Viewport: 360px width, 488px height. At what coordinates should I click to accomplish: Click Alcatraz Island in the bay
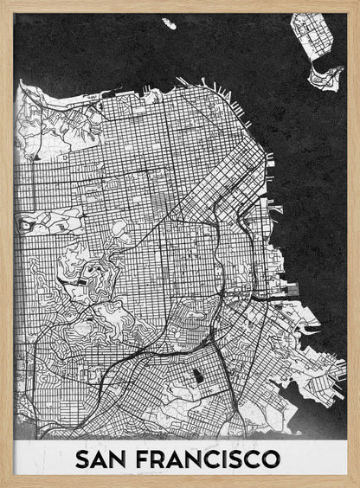[x=168, y=24]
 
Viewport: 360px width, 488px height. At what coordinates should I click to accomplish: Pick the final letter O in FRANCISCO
[x=271, y=459]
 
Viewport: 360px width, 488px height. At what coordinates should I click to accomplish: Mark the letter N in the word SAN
[x=122, y=459]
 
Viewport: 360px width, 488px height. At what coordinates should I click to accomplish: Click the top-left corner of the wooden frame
[x=3, y=3]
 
